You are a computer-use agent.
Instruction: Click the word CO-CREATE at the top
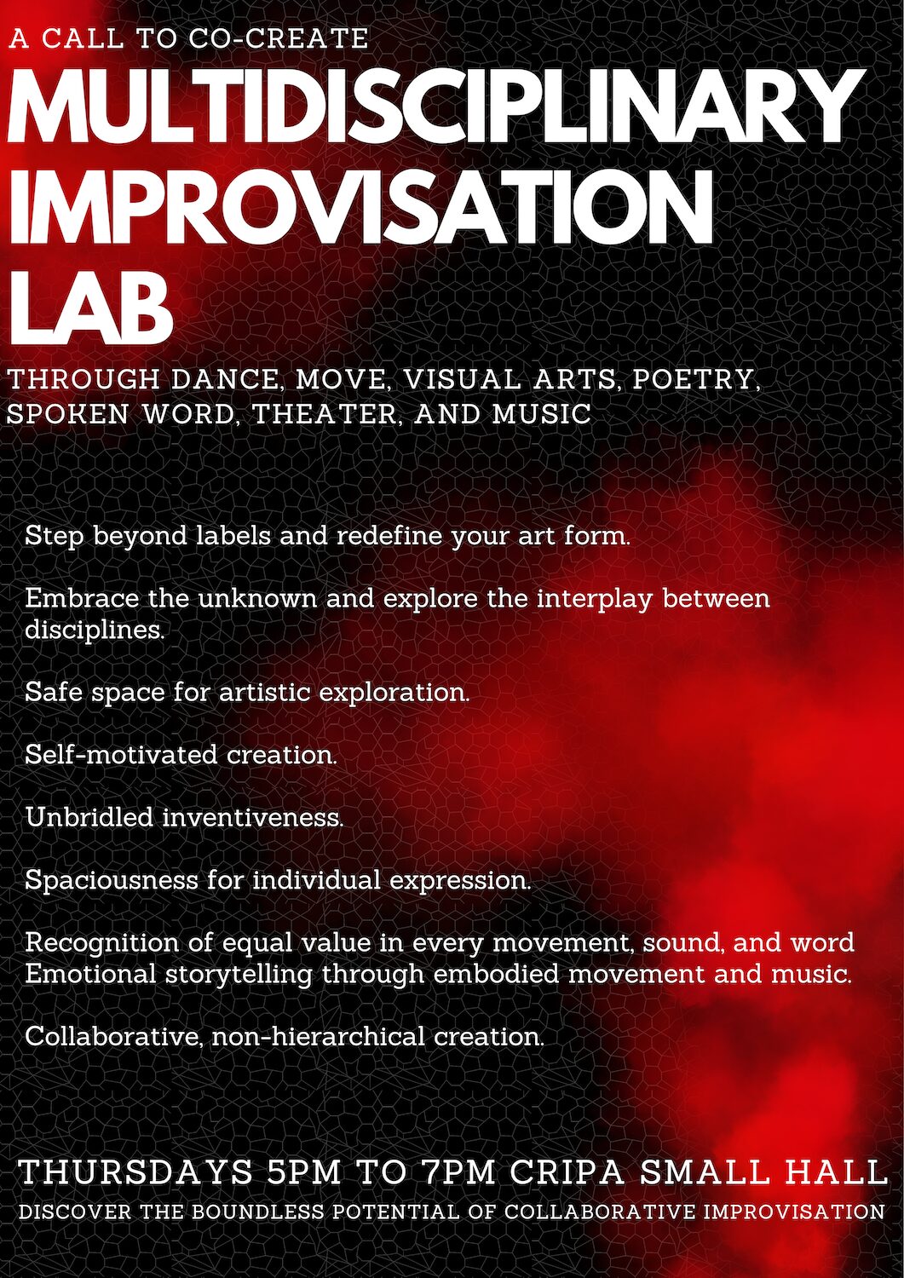coord(278,39)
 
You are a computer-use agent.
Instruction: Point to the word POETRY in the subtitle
coord(696,380)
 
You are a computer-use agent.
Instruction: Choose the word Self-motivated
coord(121,756)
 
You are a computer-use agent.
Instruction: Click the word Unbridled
coord(89,818)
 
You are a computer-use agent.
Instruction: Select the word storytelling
coord(239,976)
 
